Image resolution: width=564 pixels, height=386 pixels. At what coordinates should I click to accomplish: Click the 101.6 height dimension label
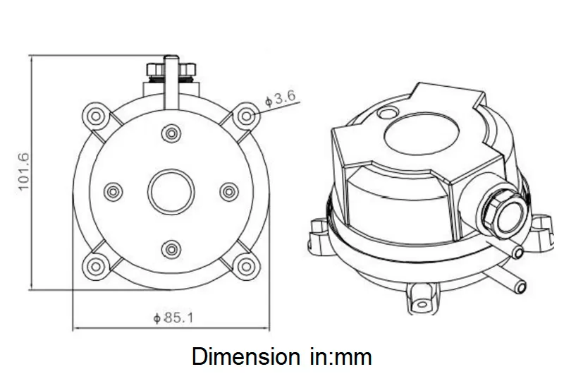(22, 171)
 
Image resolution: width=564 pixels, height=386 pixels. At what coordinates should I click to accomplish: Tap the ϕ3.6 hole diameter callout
(279, 99)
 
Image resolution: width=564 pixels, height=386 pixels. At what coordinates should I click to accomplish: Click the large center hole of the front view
(171, 191)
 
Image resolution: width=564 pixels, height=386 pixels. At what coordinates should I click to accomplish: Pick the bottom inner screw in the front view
(171, 248)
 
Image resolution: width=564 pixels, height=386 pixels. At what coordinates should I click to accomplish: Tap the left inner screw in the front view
(113, 191)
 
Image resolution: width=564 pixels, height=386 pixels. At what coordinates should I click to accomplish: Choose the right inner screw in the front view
(228, 191)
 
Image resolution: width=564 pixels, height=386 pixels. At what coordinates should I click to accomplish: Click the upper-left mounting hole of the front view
(94, 115)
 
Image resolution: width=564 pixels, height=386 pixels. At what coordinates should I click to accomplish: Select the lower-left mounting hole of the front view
(94, 266)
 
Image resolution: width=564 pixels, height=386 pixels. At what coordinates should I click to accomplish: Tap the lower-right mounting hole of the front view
(246, 266)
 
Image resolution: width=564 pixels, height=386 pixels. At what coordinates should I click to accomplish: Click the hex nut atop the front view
(171, 71)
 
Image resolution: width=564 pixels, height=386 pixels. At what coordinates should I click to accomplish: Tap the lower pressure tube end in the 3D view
(521, 284)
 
